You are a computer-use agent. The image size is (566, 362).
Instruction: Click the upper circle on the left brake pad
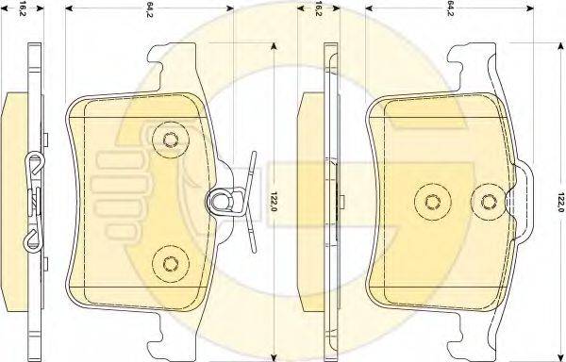click(171, 140)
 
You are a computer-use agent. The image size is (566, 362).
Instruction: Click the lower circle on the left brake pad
click(171, 264)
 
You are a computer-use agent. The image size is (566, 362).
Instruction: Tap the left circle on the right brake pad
click(432, 203)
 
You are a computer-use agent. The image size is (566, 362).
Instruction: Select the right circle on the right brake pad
click(489, 203)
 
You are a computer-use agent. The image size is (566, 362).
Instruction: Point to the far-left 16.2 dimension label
click(23, 9)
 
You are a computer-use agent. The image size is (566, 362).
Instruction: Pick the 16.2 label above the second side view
click(318, 8)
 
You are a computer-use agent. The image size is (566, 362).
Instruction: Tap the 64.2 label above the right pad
click(450, 8)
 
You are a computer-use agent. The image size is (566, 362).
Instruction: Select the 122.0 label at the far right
click(560, 202)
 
